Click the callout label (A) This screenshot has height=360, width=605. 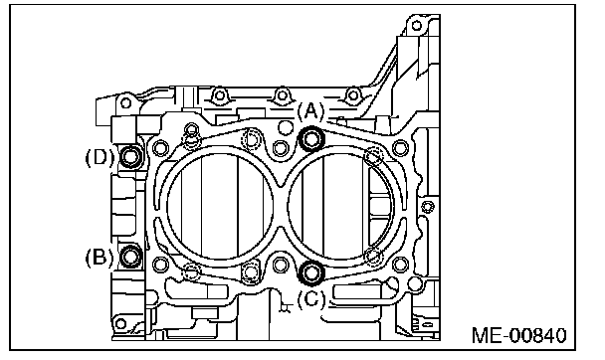[310, 111]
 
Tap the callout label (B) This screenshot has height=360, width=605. [100, 258]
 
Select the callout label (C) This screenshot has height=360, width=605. [311, 299]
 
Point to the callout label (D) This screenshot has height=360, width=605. [100, 157]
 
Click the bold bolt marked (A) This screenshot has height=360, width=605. [311, 138]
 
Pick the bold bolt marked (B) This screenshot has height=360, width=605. [130, 257]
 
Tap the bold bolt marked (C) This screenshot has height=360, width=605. [311, 272]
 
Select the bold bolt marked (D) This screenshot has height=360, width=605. [131, 156]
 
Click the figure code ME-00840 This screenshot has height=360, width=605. [519, 335]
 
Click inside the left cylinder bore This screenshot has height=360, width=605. [220, 206]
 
